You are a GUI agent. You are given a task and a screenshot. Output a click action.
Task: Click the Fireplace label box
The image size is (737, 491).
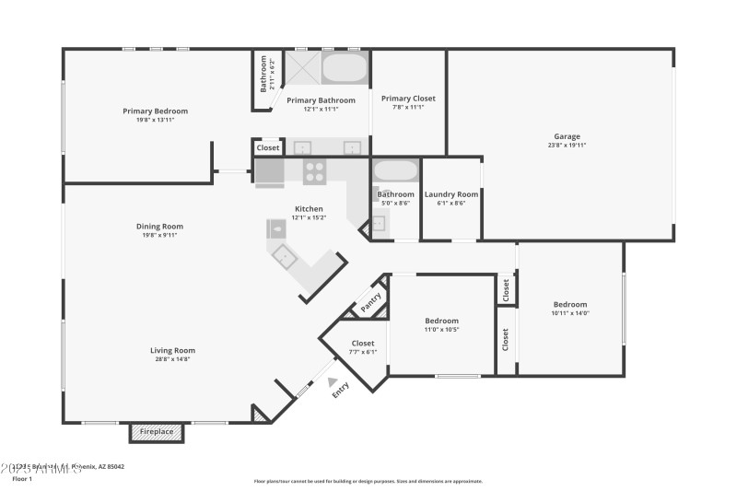click(x=157, y=431)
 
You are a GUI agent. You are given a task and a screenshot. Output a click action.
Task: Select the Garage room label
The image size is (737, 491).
click(x=567, y=136)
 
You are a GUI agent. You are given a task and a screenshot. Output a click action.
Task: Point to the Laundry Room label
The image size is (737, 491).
click(x=450, y=194)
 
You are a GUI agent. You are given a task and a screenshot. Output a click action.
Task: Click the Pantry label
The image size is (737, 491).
click(x=370, y=302)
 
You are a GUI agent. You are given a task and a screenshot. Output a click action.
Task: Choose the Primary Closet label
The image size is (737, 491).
click(x=408, y=99)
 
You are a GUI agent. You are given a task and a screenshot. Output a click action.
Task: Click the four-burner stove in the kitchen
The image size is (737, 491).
click(x=315, y=172)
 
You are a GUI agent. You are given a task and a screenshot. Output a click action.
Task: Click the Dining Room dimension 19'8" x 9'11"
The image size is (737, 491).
click(x=160, y=235)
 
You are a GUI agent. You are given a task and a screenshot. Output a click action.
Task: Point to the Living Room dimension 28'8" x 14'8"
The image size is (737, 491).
click(x=172, y=359)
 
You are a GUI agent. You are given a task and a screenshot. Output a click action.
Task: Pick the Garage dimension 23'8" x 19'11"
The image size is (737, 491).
click(x=567, y=146)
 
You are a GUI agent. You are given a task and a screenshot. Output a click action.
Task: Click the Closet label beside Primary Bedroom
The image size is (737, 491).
click(x=268, y=147)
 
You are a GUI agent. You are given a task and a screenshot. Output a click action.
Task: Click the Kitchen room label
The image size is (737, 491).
click(x=309, y=208)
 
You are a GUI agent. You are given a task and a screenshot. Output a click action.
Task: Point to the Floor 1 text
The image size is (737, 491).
click(x=22, y=479)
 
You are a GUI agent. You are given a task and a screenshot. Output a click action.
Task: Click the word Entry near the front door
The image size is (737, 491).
click(x=341, y=390)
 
